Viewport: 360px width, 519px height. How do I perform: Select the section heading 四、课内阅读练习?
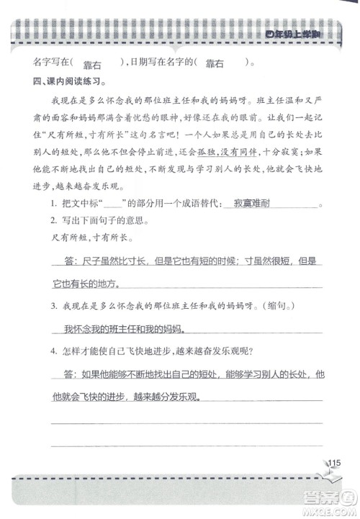coord(63,80)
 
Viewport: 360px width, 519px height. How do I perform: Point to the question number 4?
coord(54,351)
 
